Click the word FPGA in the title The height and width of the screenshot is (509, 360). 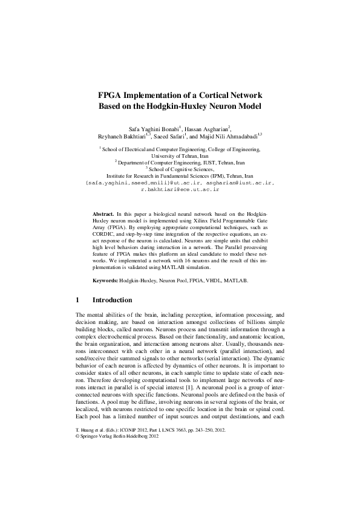pos(111,96)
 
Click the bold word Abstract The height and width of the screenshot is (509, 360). pos(103,214)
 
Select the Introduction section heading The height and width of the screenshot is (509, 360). pos(112,300)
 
